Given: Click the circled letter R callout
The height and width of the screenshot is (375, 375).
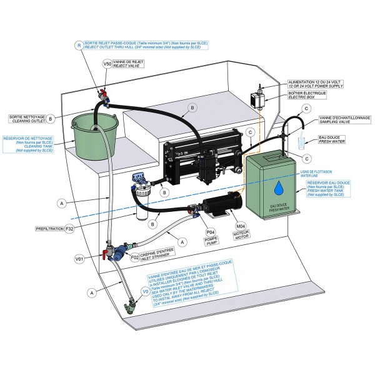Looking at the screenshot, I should click(78, 45).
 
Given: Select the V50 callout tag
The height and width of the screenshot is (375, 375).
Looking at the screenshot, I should click(107, 64).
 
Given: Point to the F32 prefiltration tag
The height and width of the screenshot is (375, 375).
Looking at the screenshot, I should click(71, 229).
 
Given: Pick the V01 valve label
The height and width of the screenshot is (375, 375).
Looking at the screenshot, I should click(79, 257).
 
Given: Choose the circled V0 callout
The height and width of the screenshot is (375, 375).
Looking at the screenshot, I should click(144, 290).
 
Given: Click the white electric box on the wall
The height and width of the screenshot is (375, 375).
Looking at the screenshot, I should click(256, 99).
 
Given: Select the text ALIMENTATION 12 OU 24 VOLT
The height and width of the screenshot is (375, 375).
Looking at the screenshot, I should click(316, 82).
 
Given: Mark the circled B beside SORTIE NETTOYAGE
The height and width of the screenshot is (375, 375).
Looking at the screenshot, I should click(50, 117).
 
